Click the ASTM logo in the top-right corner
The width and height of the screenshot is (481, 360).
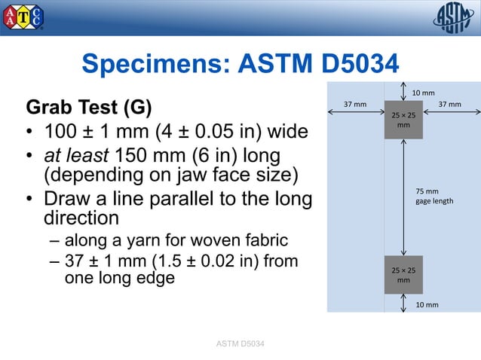point(453,17)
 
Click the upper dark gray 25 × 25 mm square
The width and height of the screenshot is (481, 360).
point(403,120)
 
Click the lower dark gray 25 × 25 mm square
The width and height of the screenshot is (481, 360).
point(403,274)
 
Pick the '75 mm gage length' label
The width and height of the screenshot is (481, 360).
point(434,197)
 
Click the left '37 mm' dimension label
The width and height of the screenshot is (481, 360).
point(355,104)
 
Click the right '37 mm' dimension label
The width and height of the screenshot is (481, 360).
point(450,104)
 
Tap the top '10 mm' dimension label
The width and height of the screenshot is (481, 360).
point(423,93)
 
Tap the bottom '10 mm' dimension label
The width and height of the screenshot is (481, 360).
point(427,304)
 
